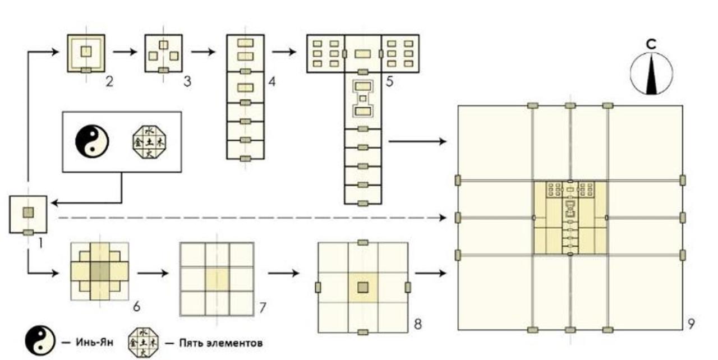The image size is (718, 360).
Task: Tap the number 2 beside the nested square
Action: pyautogui.click(x=109, y=81)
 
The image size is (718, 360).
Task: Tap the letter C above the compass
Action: pyautogui.click(x=651, y=43)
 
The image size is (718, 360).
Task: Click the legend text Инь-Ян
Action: pyautogui.click(x=93, y=341)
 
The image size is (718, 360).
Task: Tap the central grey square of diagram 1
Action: pyautogui.click(x=28, y=213)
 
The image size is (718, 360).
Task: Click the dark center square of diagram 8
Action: pyautogui.click(x=363, y=288)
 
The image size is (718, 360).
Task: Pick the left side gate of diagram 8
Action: pyautogui.click(x=318, y=288)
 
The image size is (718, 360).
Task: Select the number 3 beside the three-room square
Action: pyautogui.click(x=187, y=81)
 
